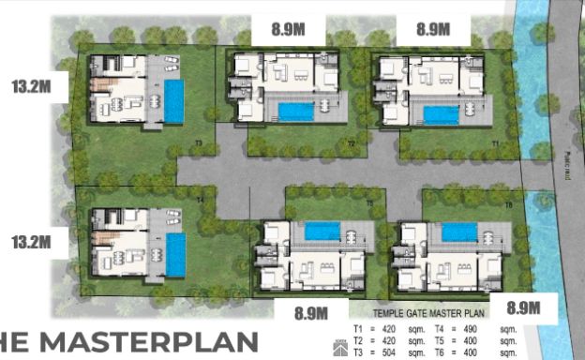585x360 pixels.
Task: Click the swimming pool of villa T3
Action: [x=173, y=101]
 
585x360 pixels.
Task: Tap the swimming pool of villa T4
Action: [x=174, y=254]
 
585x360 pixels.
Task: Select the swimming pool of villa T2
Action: [x=296, y=112]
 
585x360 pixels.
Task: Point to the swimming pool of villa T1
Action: [x=440, y=114]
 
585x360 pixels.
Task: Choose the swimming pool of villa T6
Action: [x=458, y=231]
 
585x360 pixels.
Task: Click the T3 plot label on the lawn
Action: [x=199, y=142]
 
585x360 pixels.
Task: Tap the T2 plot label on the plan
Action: [x=350, y=142]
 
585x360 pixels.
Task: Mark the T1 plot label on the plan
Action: [x=495, y=142]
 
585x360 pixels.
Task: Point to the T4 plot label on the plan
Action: [x=202, y=200]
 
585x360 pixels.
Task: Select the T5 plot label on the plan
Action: [x=369, y=202]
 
